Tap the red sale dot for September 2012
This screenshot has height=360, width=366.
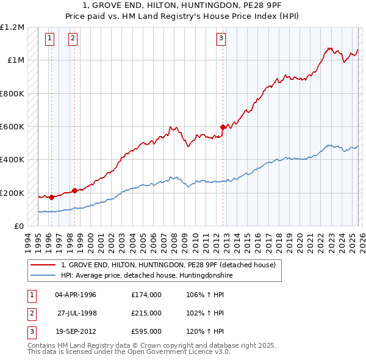tap(223, 128)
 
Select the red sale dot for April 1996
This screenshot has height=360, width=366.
tap(51, 197)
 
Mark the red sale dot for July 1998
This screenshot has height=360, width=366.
tap(75, 190)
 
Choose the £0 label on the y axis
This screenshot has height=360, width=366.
tap(18, 226)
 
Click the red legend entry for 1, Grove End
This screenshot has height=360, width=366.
tap(168, 265)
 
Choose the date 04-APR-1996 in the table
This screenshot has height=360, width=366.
tap(76, 295)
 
